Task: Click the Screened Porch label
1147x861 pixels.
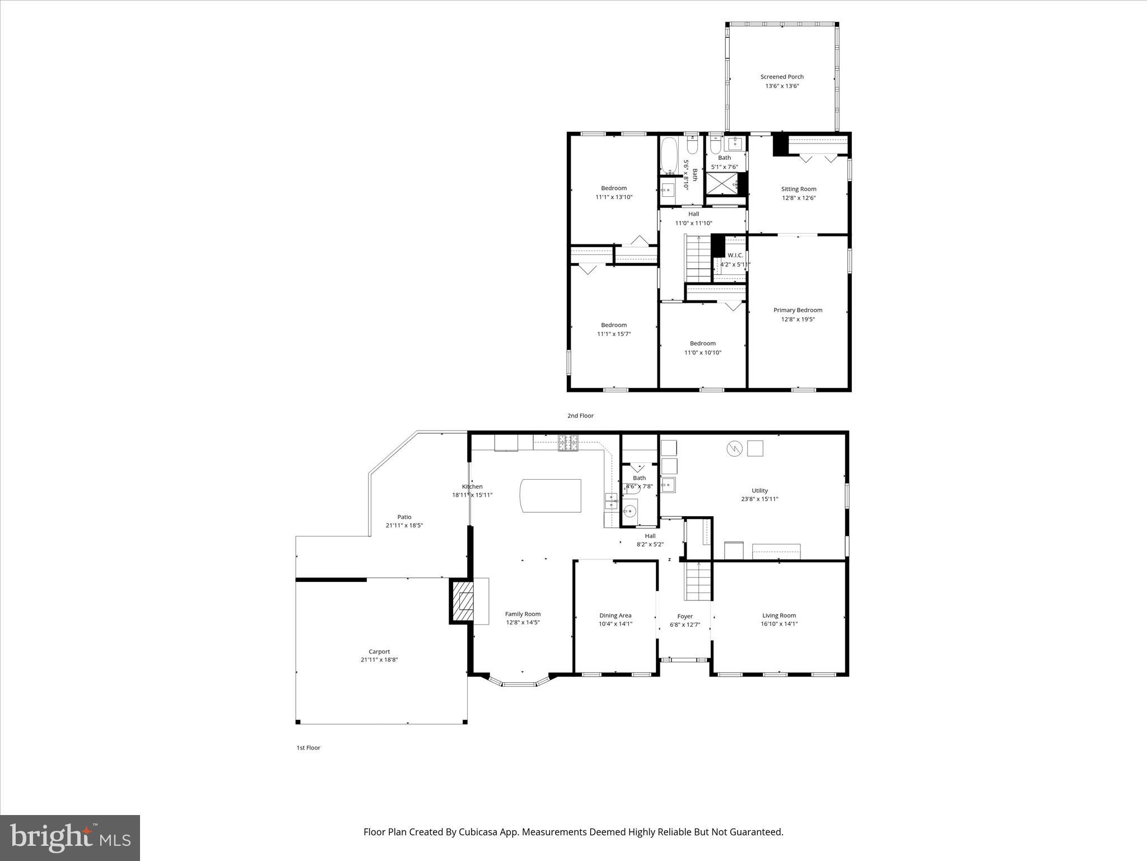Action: [782, 77]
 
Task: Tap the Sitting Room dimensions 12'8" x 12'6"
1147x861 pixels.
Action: [799, 198]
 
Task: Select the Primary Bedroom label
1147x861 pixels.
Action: [798, 310]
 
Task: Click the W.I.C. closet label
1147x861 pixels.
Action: [735, 255]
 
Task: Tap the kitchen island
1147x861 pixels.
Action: [551, 495]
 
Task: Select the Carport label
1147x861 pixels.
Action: [379, 651]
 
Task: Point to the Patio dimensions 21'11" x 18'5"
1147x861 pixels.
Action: [404, 526]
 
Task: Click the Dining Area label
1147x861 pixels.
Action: [615, 615]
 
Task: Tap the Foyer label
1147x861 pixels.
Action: [684, 616]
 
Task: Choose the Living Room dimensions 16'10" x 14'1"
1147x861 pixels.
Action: [778, 624]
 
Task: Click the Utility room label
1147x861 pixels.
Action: [759, 490]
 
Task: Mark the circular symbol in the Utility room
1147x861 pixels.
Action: [734, 448]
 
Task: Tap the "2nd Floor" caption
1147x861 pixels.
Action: [580, 416]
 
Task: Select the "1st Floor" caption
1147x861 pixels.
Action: [308, 748]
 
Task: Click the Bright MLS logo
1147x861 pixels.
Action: [70, 838]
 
